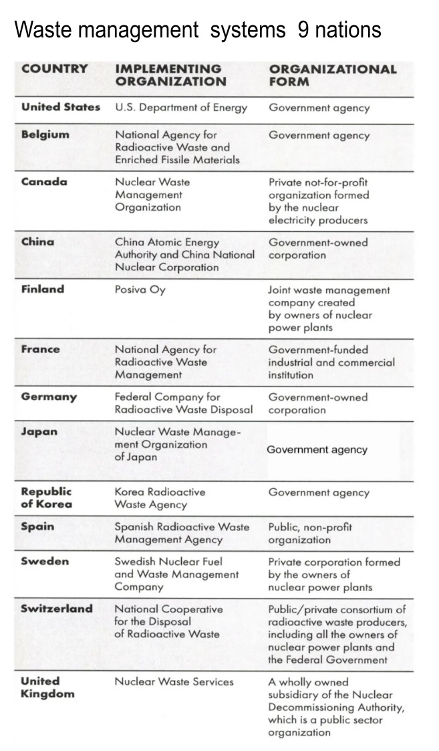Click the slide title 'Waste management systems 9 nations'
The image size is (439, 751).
(x=198, y=30)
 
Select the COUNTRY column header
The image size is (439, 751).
(x=54, y=68)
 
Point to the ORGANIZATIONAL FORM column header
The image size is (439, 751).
(x=332, y=75)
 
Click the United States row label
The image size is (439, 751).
(x=61, y=107)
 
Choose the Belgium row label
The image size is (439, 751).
(x=45, y=134)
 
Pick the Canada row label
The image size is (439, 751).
(x=44, y=182)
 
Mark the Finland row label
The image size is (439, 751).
(x=43, y=290)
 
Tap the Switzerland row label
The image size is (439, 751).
(x=57, y=609)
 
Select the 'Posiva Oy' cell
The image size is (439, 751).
(x=140, y=290)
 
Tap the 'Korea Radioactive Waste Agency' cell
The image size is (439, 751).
(x=160, y=498)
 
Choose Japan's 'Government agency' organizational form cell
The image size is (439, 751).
(x=317, y=450)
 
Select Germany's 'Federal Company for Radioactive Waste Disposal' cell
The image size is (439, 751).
(x=184, y=403)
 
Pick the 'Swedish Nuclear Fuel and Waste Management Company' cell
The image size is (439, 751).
(x=176, y=574)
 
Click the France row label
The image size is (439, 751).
(x=40, y=349)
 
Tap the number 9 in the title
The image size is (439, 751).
(x=303, y=30)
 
